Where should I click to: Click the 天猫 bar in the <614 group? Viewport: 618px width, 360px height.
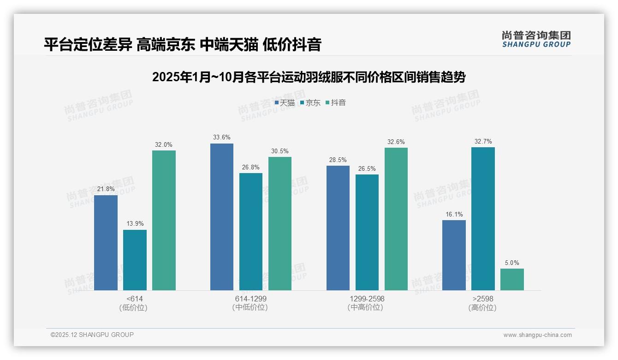(106, 243)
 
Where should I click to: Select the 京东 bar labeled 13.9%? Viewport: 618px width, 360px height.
(135, 260)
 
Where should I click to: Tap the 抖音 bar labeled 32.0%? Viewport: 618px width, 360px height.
(164, 220)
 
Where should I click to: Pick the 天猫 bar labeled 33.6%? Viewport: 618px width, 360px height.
(222, 217)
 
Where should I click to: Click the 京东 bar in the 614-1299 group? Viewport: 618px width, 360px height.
(251, 232)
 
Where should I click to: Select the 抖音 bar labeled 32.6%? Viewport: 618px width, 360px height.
(396, 219)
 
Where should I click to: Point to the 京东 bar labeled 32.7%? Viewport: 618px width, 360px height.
(483, 219)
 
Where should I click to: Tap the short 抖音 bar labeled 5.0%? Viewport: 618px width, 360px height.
(512, 279)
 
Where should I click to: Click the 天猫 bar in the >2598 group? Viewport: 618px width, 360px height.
(454, 255)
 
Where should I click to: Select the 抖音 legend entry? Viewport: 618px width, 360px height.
(336, 103)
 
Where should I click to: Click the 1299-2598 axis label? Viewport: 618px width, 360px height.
(367, 299)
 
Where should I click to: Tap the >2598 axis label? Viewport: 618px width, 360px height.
(482, 299)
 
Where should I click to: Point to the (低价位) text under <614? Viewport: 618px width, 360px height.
(133, 307)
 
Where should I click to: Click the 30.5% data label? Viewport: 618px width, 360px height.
(280, 151)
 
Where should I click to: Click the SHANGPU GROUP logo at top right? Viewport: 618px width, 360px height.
(536, 39)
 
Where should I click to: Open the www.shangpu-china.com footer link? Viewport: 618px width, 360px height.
(537, 335)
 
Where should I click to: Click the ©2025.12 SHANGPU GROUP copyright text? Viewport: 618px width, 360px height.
(92, 335)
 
